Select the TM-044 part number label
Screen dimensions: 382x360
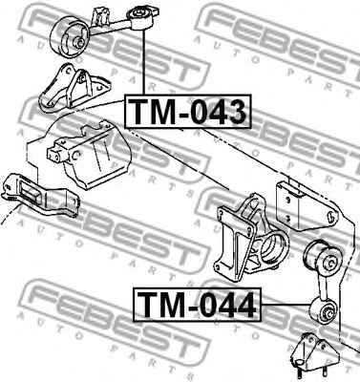click(x=197, y=306)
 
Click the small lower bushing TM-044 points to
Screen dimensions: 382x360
click(x=325, y=310)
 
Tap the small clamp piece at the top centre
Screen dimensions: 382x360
click(x=102, y=13)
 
